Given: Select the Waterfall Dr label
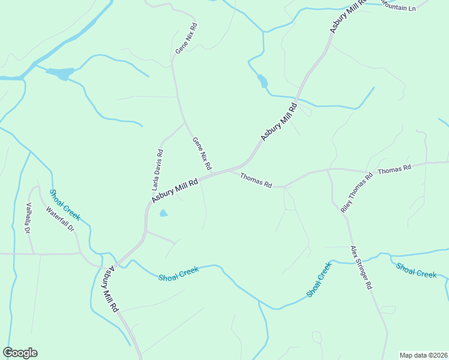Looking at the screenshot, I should click(59, 220).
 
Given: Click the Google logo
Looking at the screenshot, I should click(20, 353).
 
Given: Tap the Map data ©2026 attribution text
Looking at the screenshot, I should click(423, 355).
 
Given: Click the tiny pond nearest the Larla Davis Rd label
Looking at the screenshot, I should click(163, 213).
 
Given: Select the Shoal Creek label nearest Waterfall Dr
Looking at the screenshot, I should click(64, 205).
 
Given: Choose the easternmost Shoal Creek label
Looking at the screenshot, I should click(416, 270).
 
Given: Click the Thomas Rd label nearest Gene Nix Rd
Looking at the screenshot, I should click(256, 180).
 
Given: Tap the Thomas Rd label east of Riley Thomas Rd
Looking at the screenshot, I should click(394, 170).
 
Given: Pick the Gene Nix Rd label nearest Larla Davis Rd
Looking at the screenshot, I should click(202, 153).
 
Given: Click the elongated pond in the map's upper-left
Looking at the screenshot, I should click(60, 73).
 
